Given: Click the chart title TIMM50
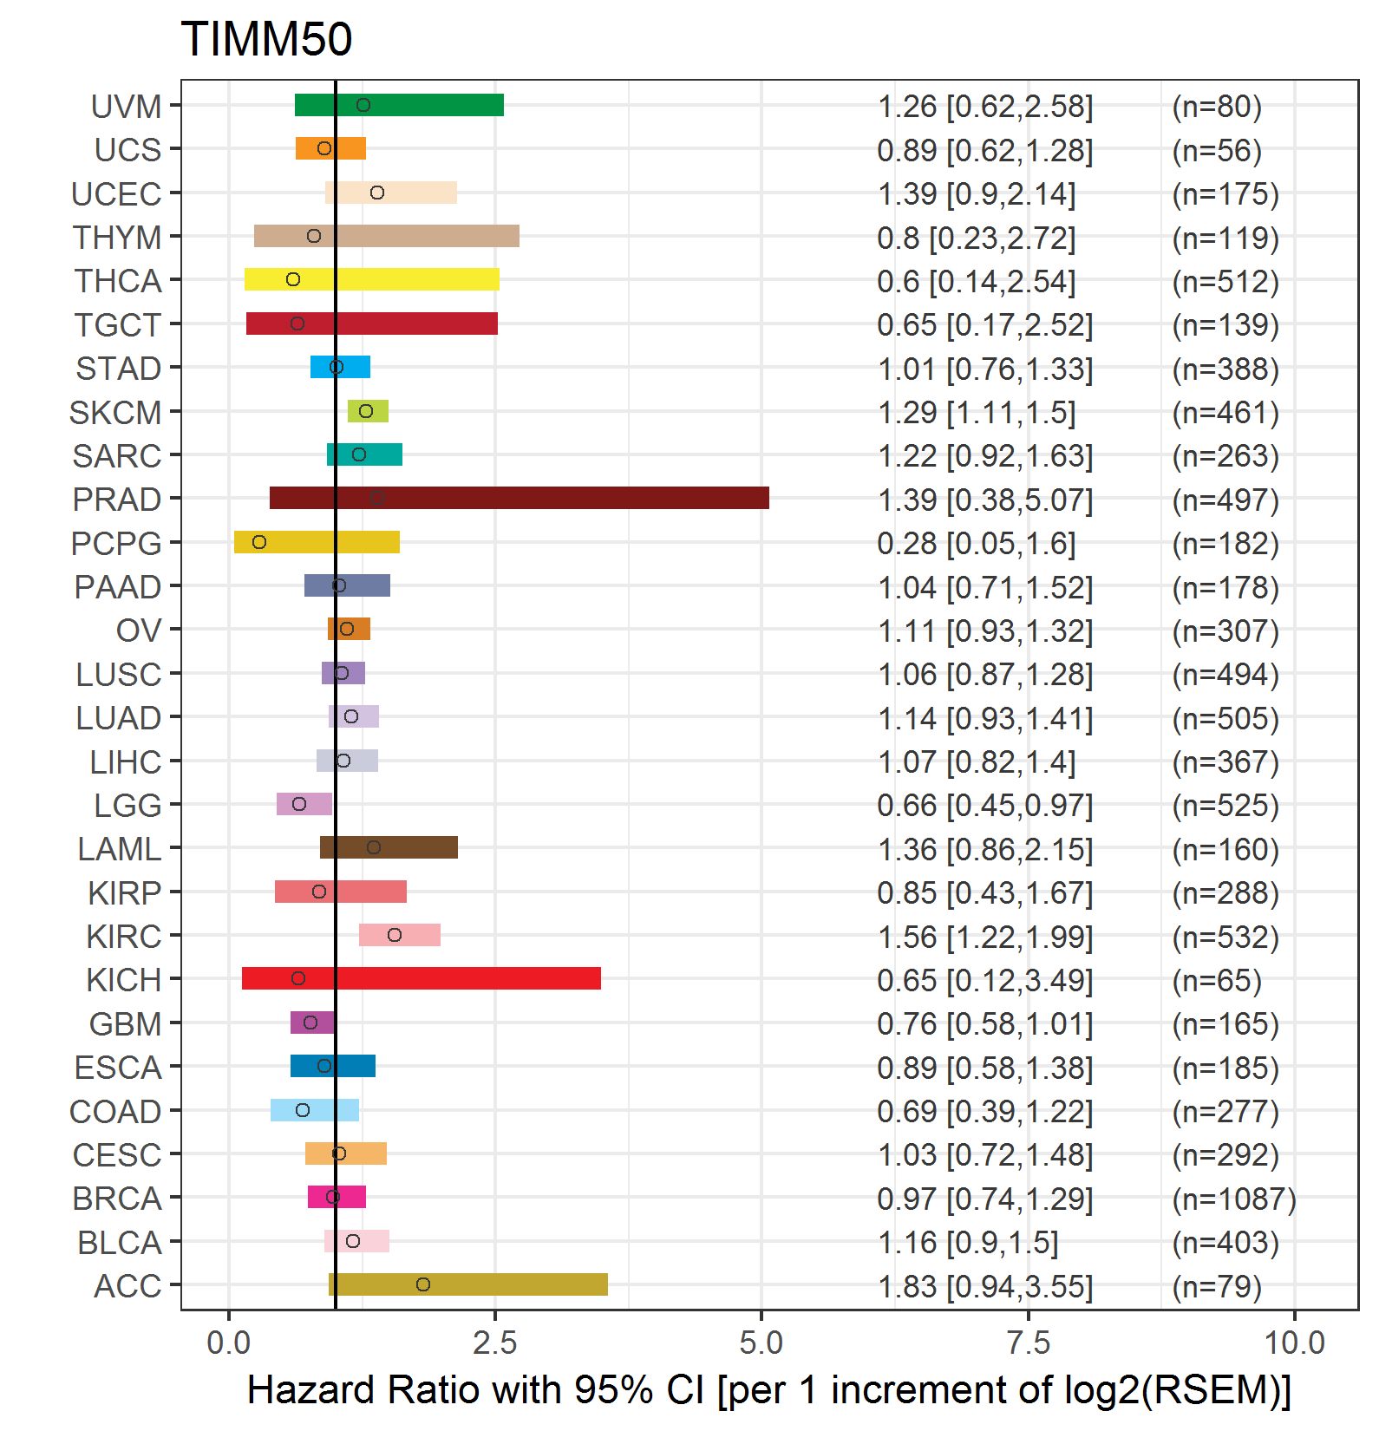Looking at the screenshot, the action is click(266, 39).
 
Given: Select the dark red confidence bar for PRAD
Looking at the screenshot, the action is click(520, 498).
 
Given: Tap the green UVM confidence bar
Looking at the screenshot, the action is click(399, 105).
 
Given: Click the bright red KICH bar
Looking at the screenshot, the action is click(422, 978).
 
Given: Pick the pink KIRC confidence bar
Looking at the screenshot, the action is click(400, 935).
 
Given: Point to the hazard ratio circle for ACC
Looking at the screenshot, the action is click(423, 1284).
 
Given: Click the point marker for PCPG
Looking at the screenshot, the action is click(259, 542).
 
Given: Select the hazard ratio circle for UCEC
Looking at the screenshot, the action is click(377, 193).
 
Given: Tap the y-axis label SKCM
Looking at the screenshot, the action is click(115, 413).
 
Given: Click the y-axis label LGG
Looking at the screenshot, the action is click(127, 806).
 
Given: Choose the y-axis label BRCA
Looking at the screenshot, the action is click(117, 1199).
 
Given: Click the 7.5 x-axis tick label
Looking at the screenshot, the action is click(1028, 1343).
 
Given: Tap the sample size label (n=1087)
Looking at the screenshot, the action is click(1234, 1199).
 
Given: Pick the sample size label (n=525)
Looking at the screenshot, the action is click(1225, 806).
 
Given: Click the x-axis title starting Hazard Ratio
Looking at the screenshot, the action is click(769, 1389).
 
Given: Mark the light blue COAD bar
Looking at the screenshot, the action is click(315, 1110).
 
